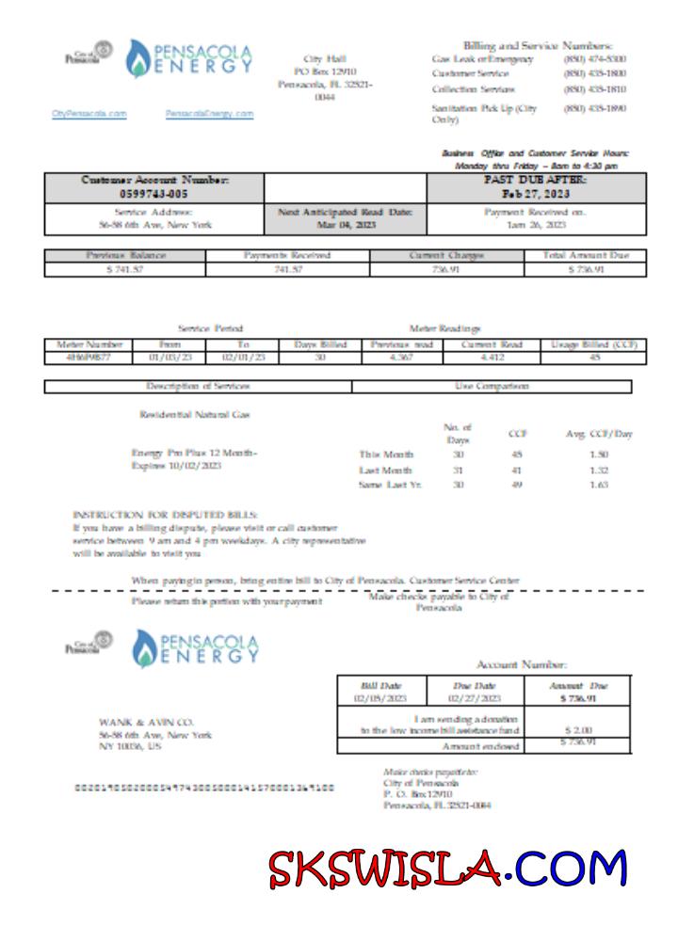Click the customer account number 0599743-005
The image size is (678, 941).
[x=154, y=193]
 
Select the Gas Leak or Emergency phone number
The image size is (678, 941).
[x=594, y=59]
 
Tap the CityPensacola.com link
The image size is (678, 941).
[x=89, y=114]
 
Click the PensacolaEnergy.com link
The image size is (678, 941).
[x=209, y=114]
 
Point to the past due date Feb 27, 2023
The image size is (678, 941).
[x=537, y=193]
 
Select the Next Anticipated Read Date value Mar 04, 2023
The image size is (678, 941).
[x=346, y=225]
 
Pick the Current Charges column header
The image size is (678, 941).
[x=446, y=255]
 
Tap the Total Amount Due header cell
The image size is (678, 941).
[x=586, y=255]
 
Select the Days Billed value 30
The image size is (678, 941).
[x=320, y=358]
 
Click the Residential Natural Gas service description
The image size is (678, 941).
[x=195, y=414]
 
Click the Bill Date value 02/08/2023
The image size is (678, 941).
[x=381, y=699]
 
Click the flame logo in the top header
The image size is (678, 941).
[x=143, y=59]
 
